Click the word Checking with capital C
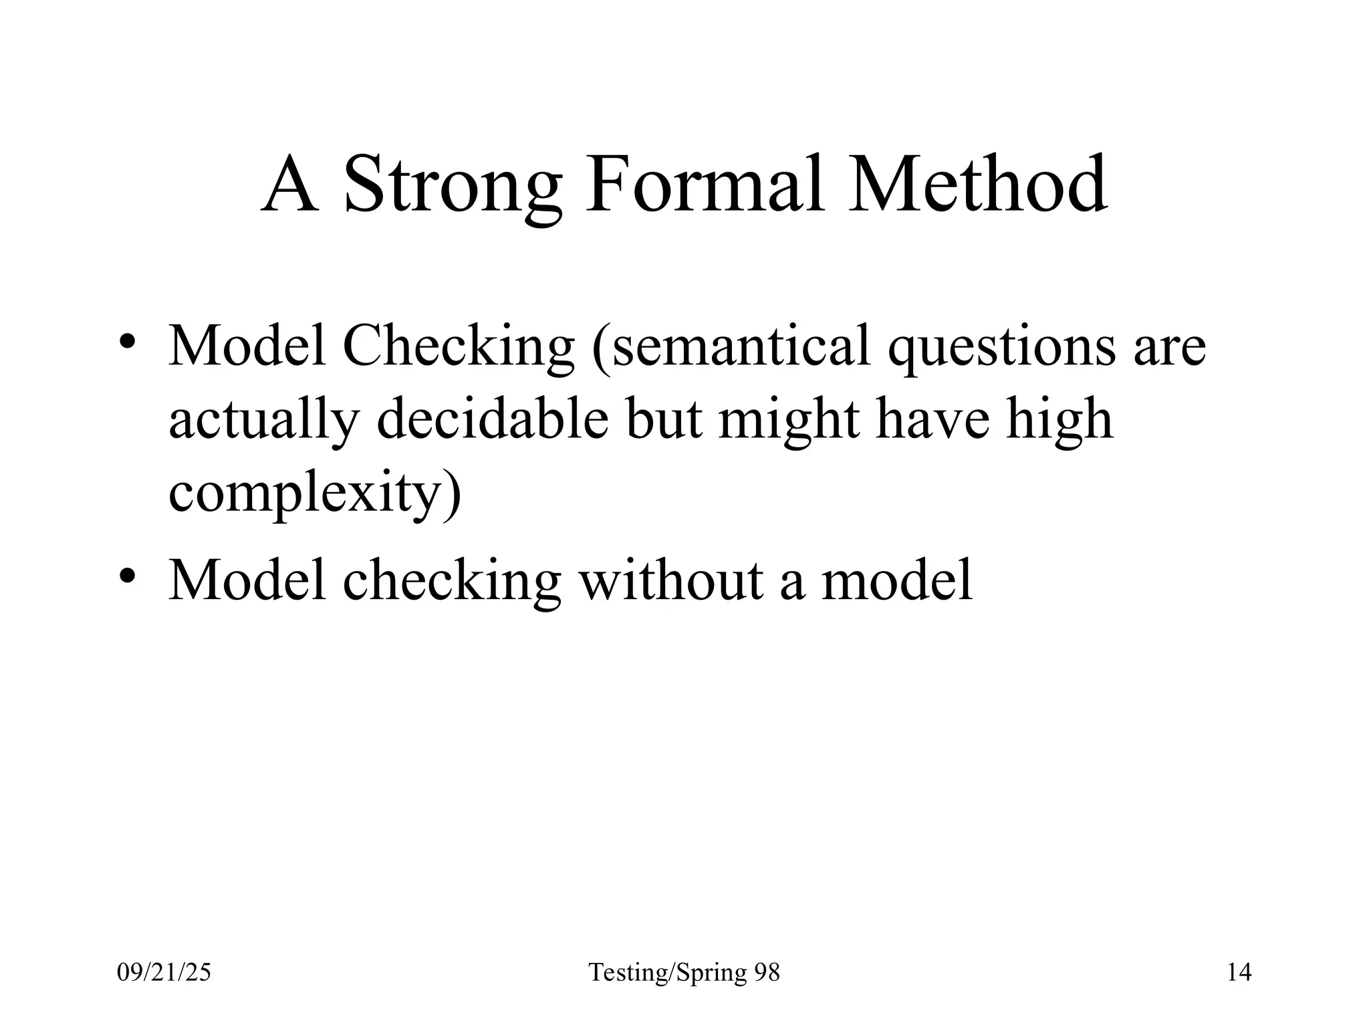(x=458, y=348)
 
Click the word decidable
(x=493, y=419)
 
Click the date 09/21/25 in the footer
(x=164, y=972)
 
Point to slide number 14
(x=1239, y=972)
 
